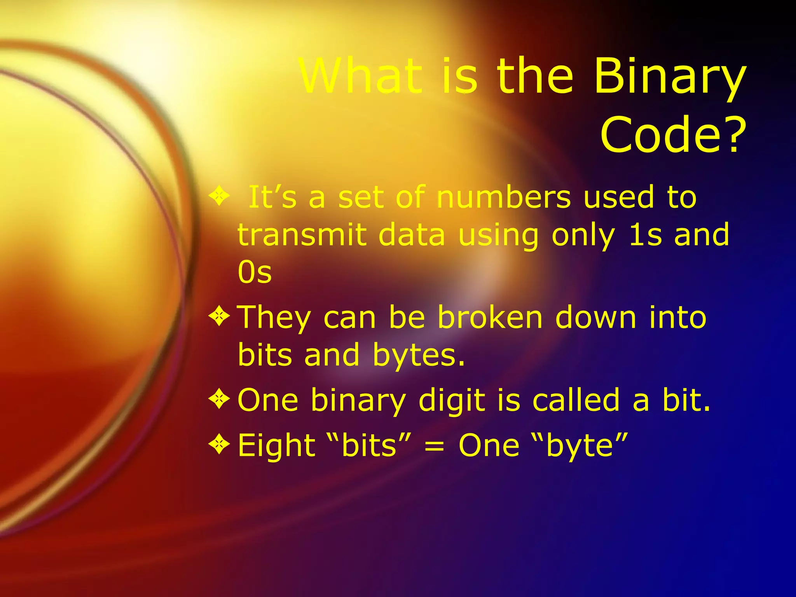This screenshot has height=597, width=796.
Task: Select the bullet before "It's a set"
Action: click(x=220, y=196)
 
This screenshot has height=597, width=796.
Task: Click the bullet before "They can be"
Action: click(x=220, y=316)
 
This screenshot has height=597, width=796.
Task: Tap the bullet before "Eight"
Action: click(x=220, y=445)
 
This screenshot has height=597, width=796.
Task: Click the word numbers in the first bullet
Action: click(x=504, y=197)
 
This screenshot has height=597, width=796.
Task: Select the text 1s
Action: click(x=645, y=235)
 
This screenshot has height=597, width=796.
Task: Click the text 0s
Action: click(x=255, y=272)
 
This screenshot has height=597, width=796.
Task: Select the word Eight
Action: click(x=276, y=445)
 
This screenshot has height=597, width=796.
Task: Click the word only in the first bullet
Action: click(x=583, y=236)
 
